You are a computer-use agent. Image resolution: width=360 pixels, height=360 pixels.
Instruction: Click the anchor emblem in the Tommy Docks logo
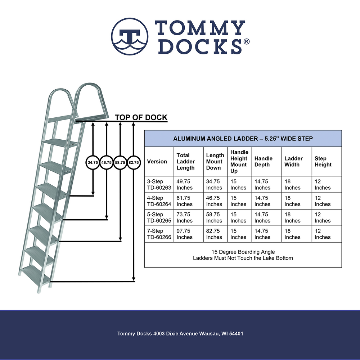point(130,36)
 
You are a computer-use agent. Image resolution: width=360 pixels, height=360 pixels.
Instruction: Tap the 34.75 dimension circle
point(93,163)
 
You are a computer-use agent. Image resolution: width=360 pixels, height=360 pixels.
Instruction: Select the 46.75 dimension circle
point(107,163)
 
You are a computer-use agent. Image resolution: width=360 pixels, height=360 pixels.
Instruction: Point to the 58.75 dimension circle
point(120,163)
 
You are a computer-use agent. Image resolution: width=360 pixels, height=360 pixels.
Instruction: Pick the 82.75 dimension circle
point(134,163)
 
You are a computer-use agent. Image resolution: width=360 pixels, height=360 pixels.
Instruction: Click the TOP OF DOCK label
point(141,118)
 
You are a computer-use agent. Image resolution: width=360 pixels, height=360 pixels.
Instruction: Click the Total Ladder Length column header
point(185,162)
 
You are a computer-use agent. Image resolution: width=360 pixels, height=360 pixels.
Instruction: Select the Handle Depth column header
point(263,162)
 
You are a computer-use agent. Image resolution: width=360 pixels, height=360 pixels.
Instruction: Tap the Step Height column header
point(323,162)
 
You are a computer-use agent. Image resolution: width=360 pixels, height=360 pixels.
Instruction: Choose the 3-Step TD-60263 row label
point(159,185)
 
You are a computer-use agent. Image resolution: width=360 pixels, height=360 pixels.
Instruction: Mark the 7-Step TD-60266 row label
point(159,234)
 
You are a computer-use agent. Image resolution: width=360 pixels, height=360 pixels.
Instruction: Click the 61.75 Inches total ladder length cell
point(184,201)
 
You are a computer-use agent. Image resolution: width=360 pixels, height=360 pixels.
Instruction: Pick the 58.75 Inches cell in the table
point(214,217)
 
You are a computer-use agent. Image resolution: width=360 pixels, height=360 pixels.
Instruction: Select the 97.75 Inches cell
point(184,234)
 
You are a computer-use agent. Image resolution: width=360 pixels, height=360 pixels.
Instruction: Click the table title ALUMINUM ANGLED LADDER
point(243,138)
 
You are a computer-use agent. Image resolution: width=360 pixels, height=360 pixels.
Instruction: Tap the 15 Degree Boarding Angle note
point(243,252)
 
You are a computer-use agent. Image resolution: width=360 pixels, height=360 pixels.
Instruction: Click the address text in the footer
point(180,334)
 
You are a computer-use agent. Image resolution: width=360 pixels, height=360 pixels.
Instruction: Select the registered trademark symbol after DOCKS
point(247,42)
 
